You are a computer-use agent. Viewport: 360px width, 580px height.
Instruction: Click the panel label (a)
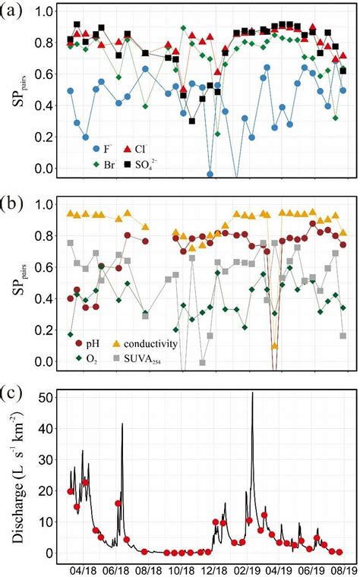pyautogui.click(x=14, y=14)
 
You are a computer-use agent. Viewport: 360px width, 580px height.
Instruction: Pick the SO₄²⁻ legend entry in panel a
pyautogui.click(x=159, y=162)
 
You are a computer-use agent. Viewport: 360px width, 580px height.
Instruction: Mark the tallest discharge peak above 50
pyautogui.click(x=253, y=393)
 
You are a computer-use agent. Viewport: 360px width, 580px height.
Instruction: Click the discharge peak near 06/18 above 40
pyautogui.click(x=122, y=424)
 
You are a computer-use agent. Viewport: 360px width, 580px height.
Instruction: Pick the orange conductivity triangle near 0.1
pyautogui.click(x=274, y=346)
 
